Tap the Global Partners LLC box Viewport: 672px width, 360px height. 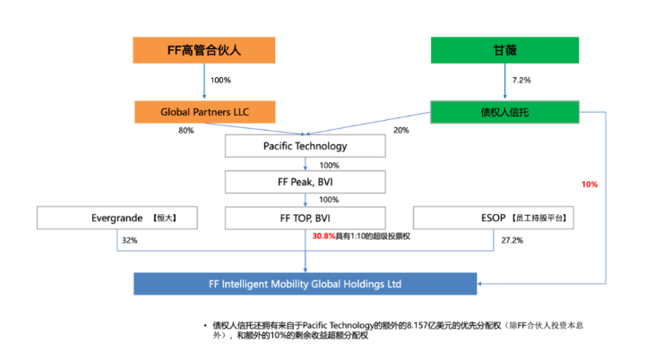pos(204,112)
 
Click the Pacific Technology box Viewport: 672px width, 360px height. pos(306,146)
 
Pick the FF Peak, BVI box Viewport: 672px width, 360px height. pos(306,182)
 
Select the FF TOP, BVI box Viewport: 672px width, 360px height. pos(306,218)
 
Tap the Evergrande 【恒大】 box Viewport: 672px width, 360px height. pos(118,218)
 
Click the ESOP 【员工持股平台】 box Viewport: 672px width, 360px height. pos(493,218)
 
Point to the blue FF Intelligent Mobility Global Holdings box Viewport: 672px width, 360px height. pos(306,283)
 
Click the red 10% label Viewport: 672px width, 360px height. pos(590,184)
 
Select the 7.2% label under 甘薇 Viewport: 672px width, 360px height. pos(521,81)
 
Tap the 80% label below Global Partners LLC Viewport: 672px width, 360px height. pos(186,131)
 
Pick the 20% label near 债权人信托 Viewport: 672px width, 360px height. pos(401,131)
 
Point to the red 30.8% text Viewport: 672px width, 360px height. pos(323,236)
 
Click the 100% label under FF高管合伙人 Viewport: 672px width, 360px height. pos(220,81)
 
